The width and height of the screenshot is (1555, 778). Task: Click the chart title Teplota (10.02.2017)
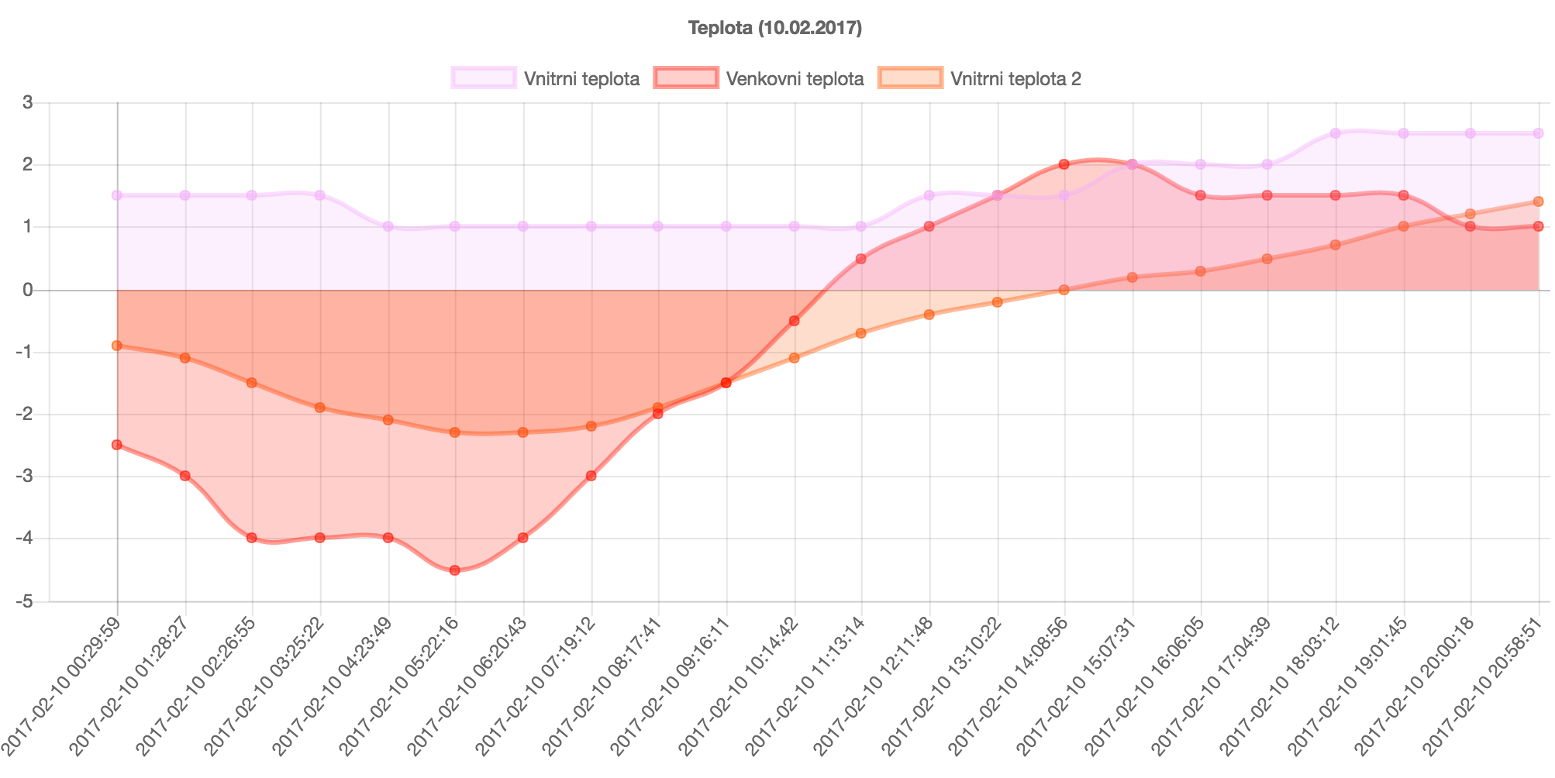775,29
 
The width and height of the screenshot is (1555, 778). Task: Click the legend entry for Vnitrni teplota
546,78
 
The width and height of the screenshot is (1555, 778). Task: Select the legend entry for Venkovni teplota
759,78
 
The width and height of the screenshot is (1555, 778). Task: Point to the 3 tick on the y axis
27,102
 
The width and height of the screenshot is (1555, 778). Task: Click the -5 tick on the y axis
24,601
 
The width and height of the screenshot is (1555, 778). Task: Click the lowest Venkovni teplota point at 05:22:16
455,570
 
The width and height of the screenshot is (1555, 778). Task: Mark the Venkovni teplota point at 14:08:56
1064,164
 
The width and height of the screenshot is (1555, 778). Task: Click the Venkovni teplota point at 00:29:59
117,445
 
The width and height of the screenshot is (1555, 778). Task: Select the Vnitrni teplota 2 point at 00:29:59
117,346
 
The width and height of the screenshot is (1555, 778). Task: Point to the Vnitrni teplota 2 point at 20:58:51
1539,201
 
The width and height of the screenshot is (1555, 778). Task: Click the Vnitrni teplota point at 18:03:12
1336,133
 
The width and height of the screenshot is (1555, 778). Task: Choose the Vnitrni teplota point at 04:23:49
388,226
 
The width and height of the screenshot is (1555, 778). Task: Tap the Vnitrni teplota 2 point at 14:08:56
1064,290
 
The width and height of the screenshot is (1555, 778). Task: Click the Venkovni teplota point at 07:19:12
591,476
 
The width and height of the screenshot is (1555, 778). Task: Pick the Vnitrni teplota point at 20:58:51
1539,133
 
